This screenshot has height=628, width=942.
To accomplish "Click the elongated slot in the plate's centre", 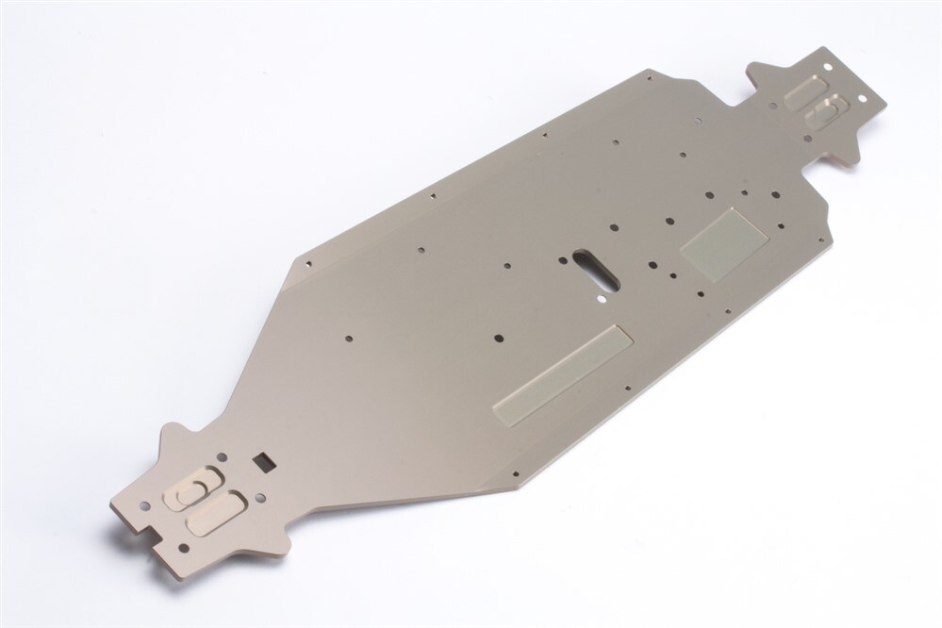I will tap(595, 270).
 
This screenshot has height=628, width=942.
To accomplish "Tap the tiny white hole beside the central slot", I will tap(602, 296).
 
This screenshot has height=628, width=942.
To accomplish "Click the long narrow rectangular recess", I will tap(562, 374).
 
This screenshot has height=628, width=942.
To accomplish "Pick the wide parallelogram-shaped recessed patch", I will tap(723, 244).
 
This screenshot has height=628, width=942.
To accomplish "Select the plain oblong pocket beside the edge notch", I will tap(216, 515).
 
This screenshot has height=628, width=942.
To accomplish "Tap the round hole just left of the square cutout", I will tap(223, 456).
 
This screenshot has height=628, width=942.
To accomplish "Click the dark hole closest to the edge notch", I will tap(183, 548).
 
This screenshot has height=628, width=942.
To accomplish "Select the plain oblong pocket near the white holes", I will tap(805, 92).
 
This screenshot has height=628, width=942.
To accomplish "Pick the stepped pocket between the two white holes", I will tap(827, 113).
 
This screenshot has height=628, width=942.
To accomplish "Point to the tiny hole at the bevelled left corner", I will tap(307, 262).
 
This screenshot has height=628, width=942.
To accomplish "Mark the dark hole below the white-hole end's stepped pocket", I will tap(807, 139).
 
